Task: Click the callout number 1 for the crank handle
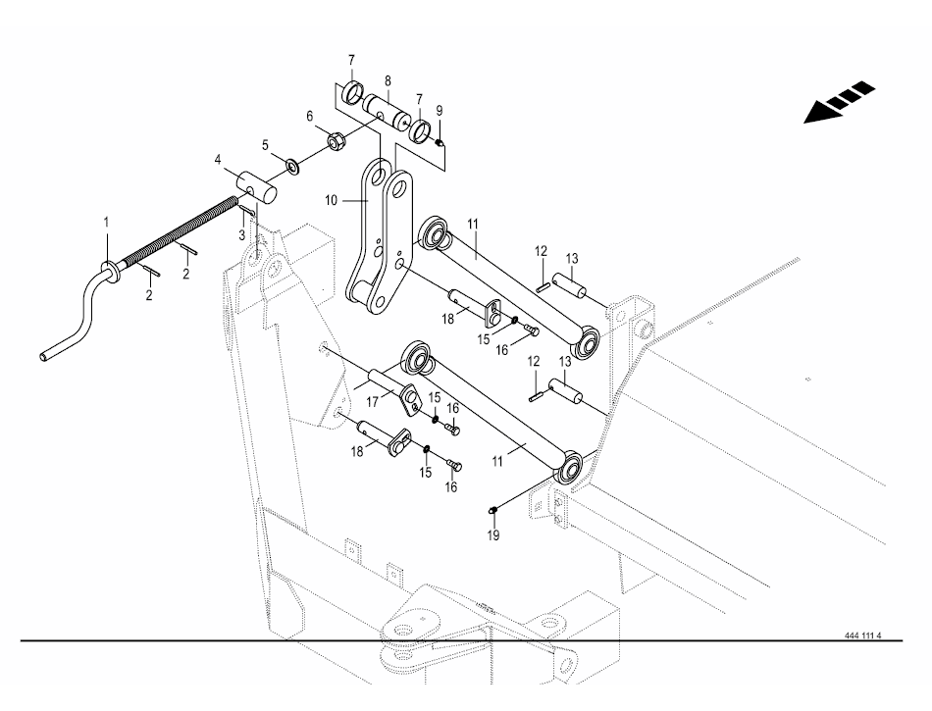coord(107,223)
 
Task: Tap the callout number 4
coord(218,159)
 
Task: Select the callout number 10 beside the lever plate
coord(331,200)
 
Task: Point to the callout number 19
coord(493,535)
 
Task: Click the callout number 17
coord(373,402)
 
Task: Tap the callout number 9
coord(440,111)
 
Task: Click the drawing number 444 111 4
coord(863,635)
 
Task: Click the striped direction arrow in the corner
coord(839,102)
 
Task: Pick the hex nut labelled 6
coord(334,142)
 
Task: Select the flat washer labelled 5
coord(293,165)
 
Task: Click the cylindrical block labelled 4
coord(259,186)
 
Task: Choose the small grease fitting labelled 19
coord(493,510)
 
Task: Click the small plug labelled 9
coord(440,142)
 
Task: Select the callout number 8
coord(388,81)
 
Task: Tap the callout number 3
coord(242,235)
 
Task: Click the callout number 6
coord(310,117)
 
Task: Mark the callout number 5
coord(265,145)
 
